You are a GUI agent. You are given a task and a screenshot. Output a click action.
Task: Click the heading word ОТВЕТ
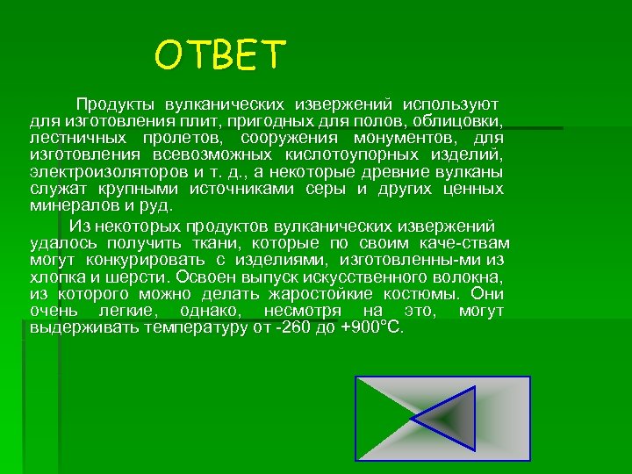[220, 55]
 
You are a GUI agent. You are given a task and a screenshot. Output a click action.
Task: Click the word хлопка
[54, 276]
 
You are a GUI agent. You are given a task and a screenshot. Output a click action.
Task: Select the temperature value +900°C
[371, 327]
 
